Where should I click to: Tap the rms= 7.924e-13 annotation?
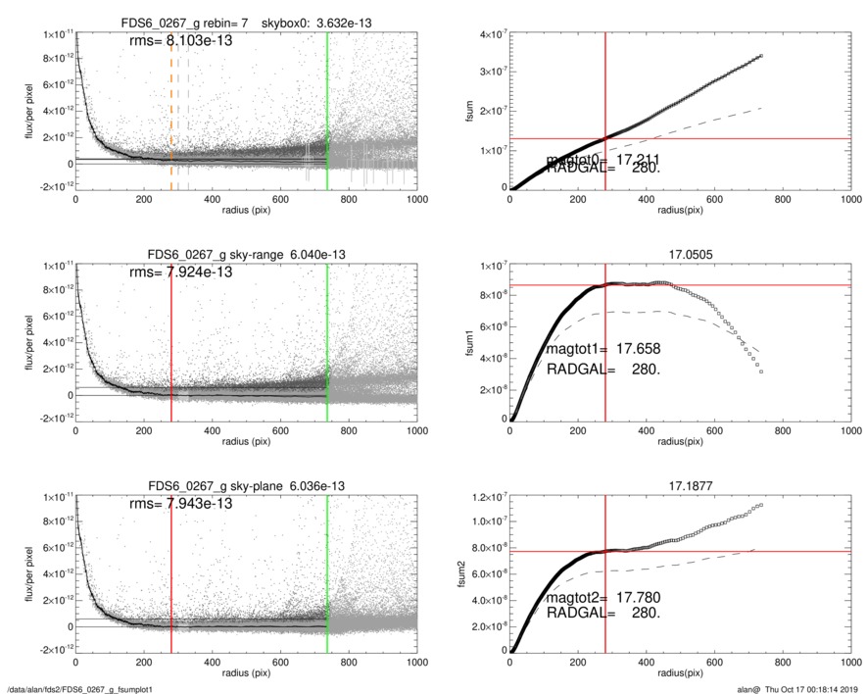click(x=180, y=272)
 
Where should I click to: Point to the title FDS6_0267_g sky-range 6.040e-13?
click(x=245, y=255)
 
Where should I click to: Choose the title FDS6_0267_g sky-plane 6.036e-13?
click(x=245, y=486)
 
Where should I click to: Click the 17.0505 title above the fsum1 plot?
click(x=678, y=255)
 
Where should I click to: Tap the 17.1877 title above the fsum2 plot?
click(x=678, y=486)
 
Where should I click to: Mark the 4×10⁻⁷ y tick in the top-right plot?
click(x=489, y=35)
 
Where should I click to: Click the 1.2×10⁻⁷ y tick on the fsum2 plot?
click(x=486, y=498)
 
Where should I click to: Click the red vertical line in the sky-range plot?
click(x=171, y=342)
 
